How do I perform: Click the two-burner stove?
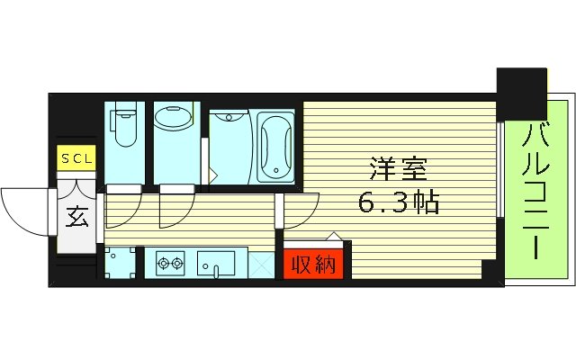tap(168, 265)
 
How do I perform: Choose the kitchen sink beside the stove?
tap(217, 264)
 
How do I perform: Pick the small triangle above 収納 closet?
tap(333, 236)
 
